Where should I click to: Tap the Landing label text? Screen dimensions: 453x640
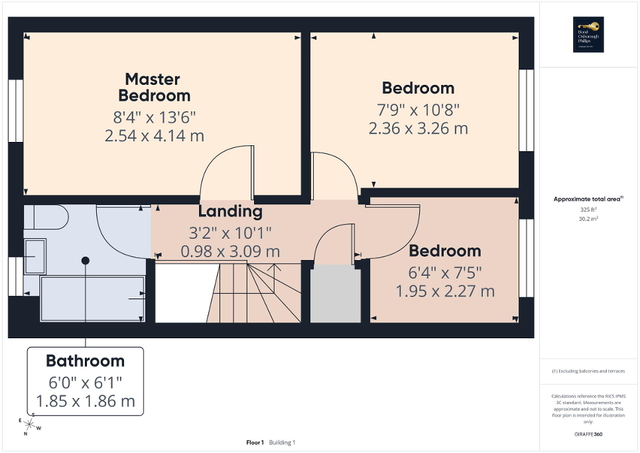coord(230,212)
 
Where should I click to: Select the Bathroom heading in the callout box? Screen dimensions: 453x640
coord(85,361)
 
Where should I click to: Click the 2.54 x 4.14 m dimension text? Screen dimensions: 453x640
coord(154,136)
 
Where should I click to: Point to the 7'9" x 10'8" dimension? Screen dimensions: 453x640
coord(418,109)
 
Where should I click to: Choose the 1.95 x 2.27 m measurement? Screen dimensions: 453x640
coord(445,291)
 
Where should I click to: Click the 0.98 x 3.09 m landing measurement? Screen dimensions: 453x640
coord(230,252)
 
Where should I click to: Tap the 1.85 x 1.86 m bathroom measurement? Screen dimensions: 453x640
coord(85,401)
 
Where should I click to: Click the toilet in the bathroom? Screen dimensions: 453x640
coord(46,218)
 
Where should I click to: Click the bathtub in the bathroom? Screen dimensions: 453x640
coord(93,299)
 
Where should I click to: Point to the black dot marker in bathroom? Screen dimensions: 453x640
coord(85,261)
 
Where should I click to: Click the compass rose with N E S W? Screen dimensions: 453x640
coord(29,427)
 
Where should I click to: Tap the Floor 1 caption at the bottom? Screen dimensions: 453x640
coord(255,442)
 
